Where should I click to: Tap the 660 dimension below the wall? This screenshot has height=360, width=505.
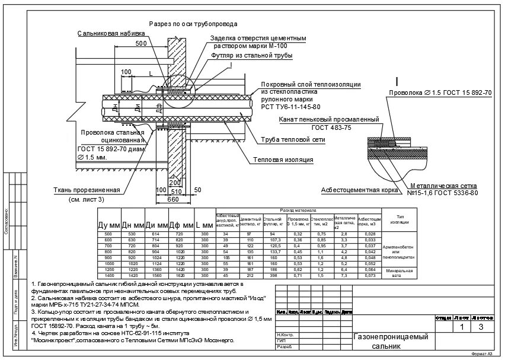[x=173, y=200]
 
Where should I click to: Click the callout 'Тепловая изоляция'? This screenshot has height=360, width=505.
[x=283, y=160]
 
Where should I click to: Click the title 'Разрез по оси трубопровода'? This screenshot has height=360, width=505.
[x=193, y=24]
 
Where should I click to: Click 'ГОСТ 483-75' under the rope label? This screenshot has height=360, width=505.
[x=331, y=128]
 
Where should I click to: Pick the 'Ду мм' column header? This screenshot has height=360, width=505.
[x=109, y=226]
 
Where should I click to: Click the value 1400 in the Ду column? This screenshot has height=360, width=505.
[x=109, y=276]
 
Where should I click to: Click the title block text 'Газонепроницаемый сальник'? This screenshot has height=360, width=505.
[x=391, y=340]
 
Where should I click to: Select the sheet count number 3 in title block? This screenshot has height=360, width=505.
[x=481, y=326]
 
